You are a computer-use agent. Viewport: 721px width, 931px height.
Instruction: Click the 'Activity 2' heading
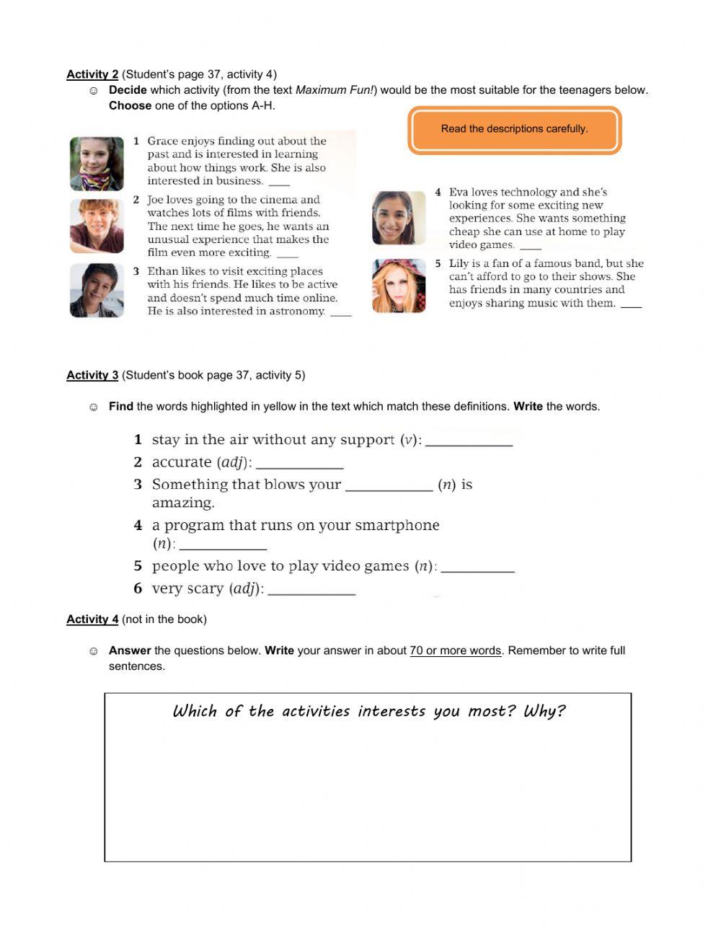(x=92, y=74)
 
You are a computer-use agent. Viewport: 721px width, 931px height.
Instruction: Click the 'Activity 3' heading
(x=92, y=375)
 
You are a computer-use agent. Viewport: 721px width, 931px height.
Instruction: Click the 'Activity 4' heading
(x=92, y=619)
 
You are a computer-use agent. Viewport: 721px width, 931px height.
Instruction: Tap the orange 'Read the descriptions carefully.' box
(x=514, y=130)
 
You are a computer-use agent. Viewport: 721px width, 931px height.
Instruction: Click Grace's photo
(x=97, y=164)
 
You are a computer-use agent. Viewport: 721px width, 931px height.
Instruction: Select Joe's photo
(x=97, y=226)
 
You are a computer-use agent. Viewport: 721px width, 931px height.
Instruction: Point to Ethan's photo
(x=97, y=290)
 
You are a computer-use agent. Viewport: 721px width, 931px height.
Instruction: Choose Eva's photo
(x=399, y=218)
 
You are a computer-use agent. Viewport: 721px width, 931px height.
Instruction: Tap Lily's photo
(x=399, y=286)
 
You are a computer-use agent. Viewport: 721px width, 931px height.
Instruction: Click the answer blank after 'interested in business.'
(x=279, y=183)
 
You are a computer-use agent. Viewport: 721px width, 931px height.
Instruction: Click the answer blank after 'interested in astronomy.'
(x=341, y=314)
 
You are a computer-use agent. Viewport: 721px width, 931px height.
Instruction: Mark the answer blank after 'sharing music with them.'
(x=631, y=306)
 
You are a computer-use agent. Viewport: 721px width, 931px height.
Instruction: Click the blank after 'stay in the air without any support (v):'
(x=469, y=442)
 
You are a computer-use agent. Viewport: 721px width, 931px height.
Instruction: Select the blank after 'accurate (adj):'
(x=299, y=464)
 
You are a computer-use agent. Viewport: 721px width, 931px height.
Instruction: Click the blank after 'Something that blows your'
(x=389, y=487)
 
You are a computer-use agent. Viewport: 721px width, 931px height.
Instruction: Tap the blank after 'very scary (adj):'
(x=311, y=591)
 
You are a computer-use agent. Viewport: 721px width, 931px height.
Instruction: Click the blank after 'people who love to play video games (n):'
(x=477, y=568)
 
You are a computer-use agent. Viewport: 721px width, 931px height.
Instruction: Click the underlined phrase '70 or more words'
(x=455, y=650)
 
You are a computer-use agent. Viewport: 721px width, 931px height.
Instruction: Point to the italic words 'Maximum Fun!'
(x=335, y=90)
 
